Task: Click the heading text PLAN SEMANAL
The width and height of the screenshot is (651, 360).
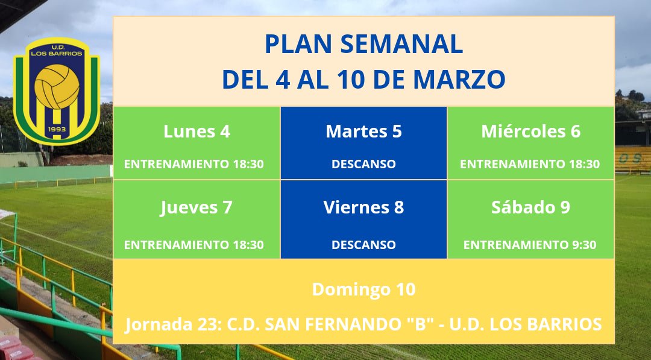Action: pos(363,45)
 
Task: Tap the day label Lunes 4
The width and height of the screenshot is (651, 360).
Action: pos(197,131)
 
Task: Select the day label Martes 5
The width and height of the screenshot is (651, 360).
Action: pos(363,131)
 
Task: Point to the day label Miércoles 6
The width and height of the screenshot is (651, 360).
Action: pos(530,131)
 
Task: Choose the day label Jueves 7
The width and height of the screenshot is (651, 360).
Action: pos(197,207)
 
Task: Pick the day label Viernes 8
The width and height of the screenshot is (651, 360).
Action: pos(363,207)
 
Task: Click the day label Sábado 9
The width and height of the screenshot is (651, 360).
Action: pos(530,207)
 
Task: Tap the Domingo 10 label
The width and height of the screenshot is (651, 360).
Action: pos(363,289)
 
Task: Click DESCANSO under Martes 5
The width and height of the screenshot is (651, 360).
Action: pos(363,164)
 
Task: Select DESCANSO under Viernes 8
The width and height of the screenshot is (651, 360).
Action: pos(363,245)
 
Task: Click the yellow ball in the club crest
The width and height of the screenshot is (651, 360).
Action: pos(57,85)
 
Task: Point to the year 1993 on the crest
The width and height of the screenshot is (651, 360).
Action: pos(57,130)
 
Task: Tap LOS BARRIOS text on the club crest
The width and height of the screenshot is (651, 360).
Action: pos(57,53)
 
